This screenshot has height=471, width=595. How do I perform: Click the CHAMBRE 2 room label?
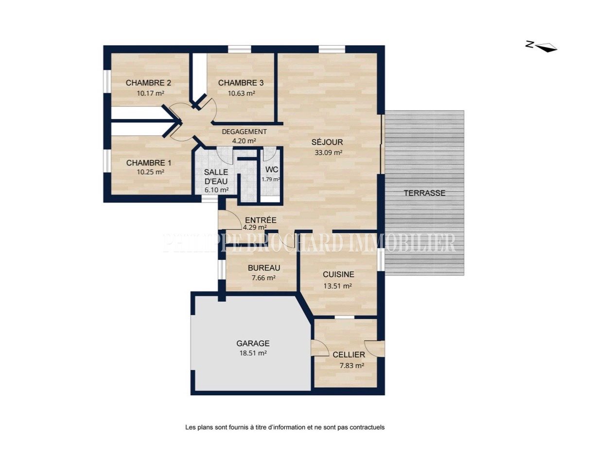[x=148, y=83]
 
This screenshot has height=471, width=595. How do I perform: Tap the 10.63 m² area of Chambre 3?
[x=241, y=93]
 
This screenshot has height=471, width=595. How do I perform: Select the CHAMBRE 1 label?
[x=149, y=163]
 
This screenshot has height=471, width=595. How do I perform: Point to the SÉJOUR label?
[x=327, y=142]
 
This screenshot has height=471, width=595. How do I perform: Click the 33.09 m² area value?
[x=329, y=152]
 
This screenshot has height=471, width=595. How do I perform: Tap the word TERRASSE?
[x=425, y=193]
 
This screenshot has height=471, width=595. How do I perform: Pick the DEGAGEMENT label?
[x=244, y=132]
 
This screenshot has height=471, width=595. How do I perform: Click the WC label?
[x=272, y=169]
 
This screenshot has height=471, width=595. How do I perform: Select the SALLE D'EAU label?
[x=216, y=177]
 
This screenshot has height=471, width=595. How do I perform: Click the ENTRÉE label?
[x=261, y=220]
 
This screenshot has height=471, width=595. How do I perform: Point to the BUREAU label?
[x=264, y=268]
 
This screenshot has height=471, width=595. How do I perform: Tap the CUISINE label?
[x=338, y=275]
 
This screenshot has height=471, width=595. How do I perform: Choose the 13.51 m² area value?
[x=337, y=286]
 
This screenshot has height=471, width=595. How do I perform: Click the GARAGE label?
[x=253, y=343]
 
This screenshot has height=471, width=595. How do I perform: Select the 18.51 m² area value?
[x=253, y=353]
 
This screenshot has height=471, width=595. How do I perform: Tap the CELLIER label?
[x=349, y=354]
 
